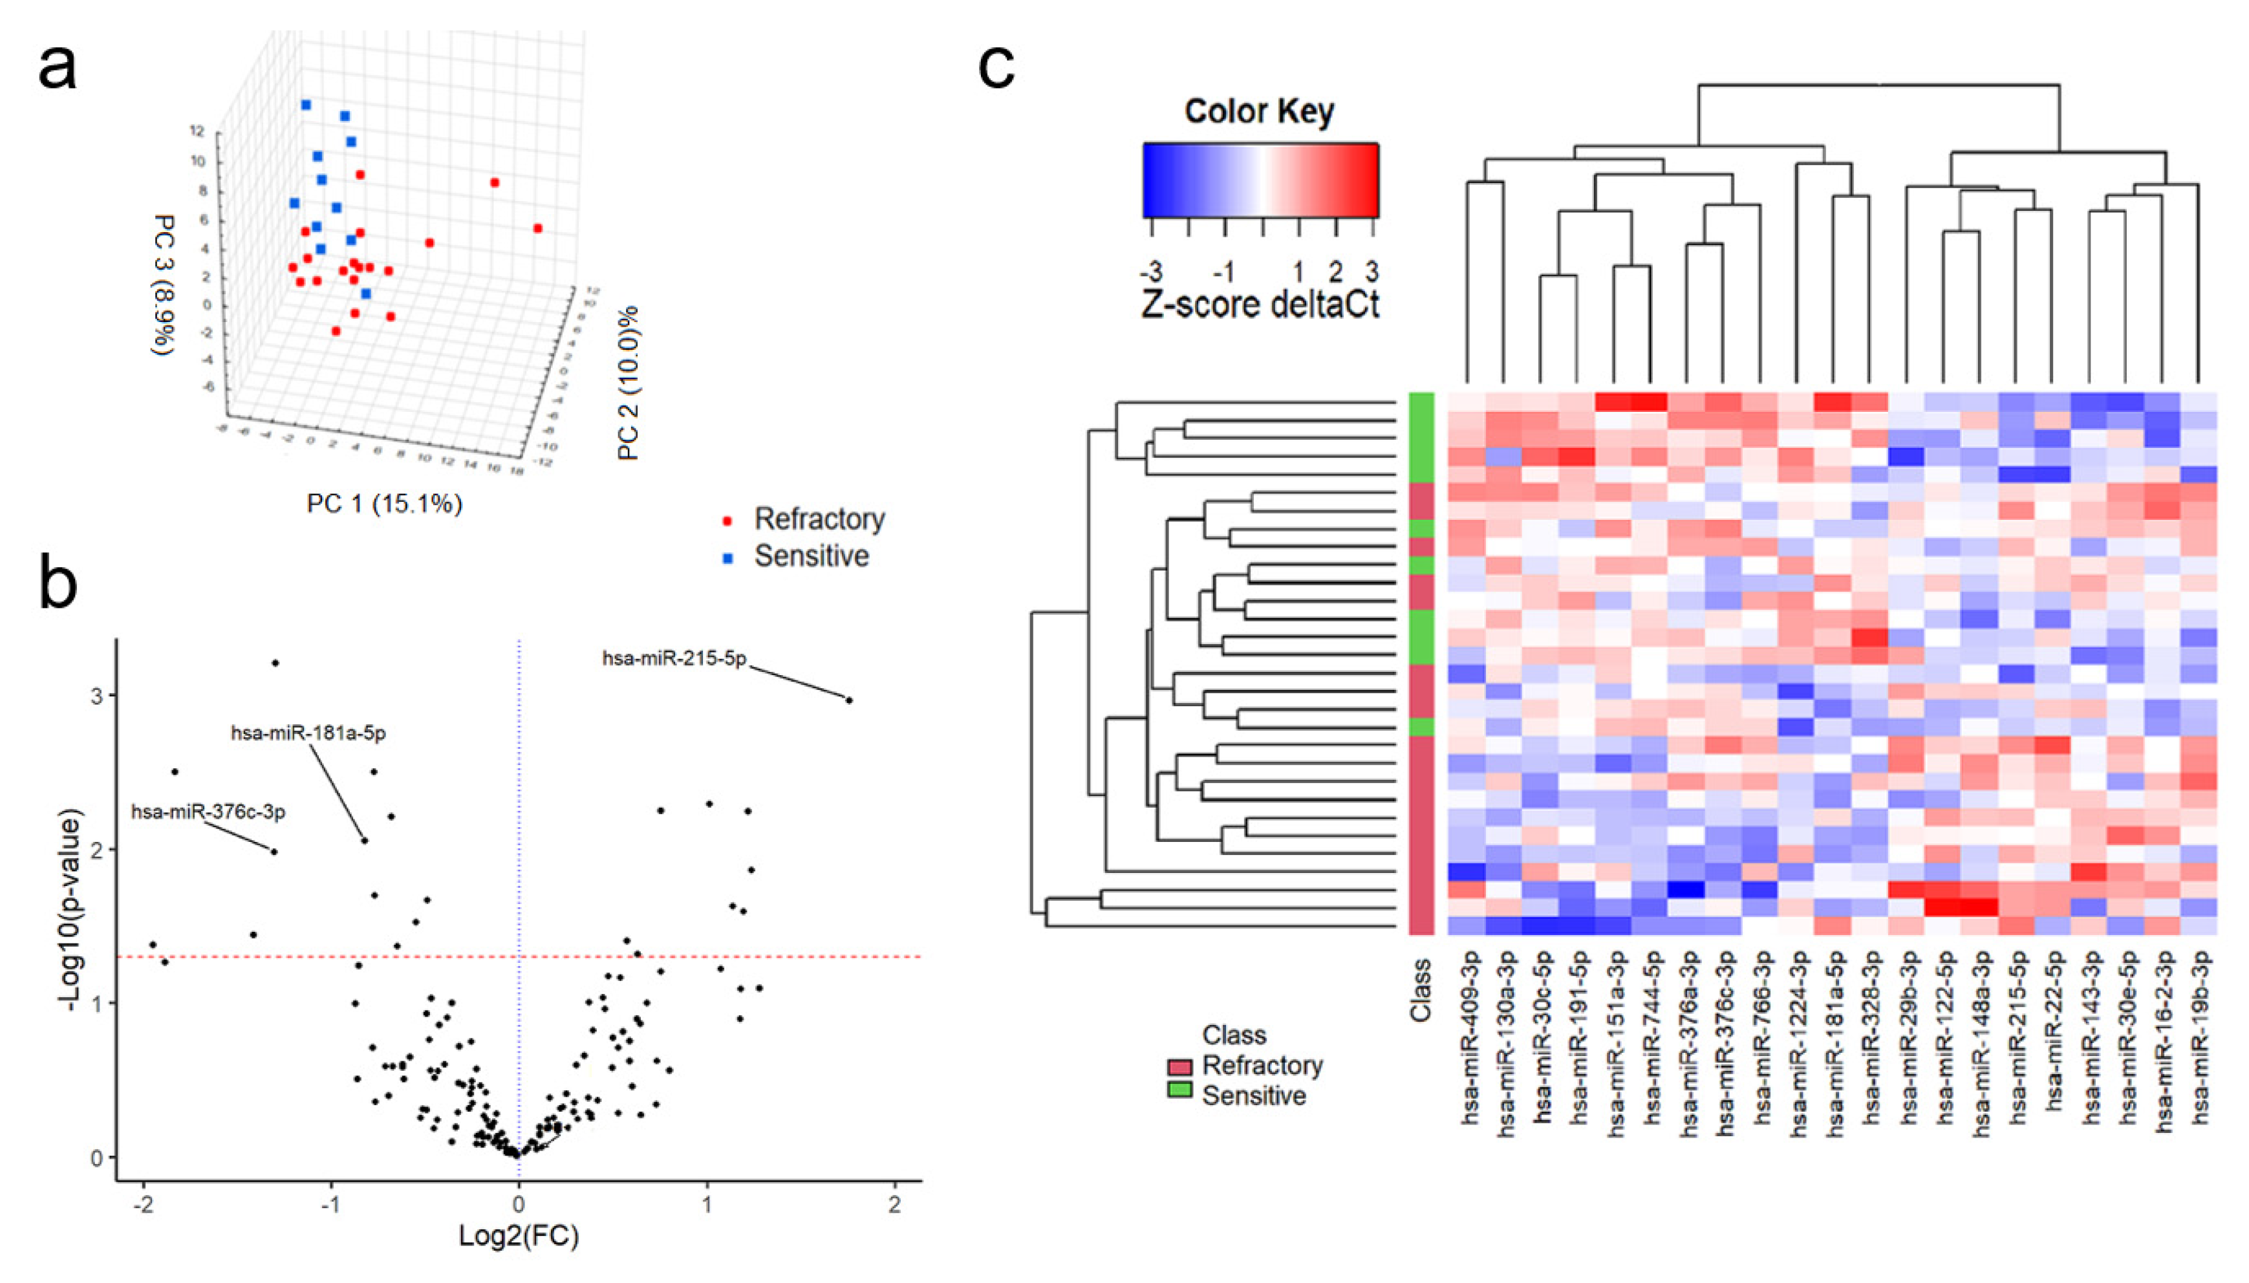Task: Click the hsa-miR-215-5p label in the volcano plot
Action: (674, 658)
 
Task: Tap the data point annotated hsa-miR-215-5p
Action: (848, 700)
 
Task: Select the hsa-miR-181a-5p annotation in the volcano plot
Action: (308, 733)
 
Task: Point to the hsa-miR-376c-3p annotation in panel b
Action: (209, 812)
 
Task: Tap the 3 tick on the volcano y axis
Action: (98, 696)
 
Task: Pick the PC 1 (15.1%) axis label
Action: (384, 504)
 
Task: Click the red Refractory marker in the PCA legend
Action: (727, 521)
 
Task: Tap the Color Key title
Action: (1259, 112)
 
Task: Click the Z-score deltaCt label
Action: (1260, 304)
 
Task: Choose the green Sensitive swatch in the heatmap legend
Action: (1179, 1090)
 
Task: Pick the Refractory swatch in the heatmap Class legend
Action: (1179, 1067)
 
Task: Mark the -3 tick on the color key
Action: (1152, 270)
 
